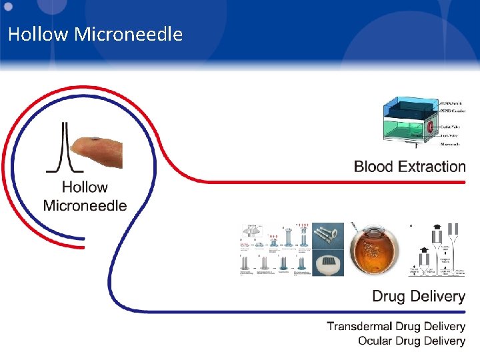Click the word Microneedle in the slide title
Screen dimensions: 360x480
pyautogui.click(x=128, y=34)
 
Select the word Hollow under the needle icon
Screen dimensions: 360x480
pyautogui.click(x=85, y=188)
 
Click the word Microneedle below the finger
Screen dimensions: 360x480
pyautogui.click(x=85, y=205)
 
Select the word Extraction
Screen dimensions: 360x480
pyautogui.click(x=434, y=167)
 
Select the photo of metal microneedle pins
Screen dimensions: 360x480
pyautogui.click(x=328, y=237)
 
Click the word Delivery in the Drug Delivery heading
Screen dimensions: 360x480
pyautogui.click(x=437, y=296)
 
